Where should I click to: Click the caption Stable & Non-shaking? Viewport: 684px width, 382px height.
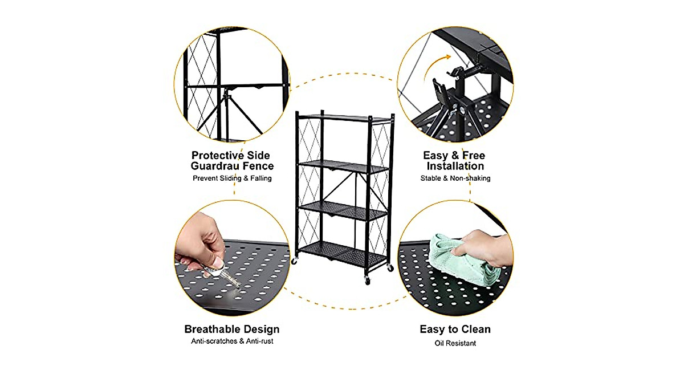pos(455,178)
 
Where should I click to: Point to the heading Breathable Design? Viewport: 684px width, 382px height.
pos(231,330)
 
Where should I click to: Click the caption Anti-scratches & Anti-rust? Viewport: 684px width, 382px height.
pos(231,342)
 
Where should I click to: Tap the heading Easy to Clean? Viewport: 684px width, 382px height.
pos(455,330)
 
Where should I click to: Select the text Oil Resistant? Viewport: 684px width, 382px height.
pos(455,343)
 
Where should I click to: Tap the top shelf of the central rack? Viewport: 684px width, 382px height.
pos(345,118)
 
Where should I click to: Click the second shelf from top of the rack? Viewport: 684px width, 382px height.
pos(345,167)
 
